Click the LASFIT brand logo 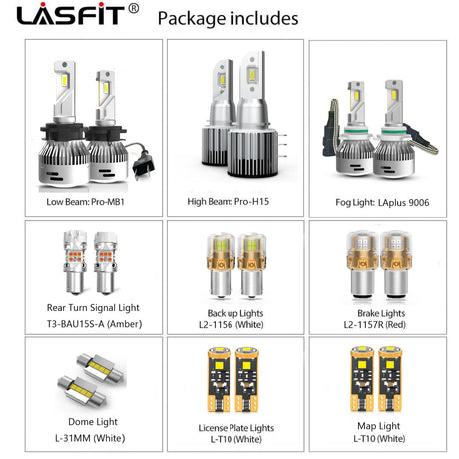pyautogui.click(x=71, y=14)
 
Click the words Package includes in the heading pyautogui.click(x=228, y=18)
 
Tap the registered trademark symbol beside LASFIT pyautogui.click(x=133, y=8)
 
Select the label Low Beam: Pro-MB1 pyautogui.click(x=85, y=202)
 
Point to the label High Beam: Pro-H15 pyautogui.click(x=229, y=201)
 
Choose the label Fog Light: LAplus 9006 pyautogui.click(x=382, y=202)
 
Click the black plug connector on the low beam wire pyautogui.click(x=144, y=164)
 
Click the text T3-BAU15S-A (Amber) pyautogui.click(x=94, y=324)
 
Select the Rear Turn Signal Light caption pyautogui.click(x=93, y=308)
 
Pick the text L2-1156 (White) pyautogui.click(x=231, y=324)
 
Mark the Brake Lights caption pyautogui.click(x=381, y=313)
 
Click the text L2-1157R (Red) pyautogui.click(x=375, y=324)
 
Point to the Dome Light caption pyautogui.click(x=93, y=422)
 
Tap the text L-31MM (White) pyautogui.click(x=90, y=438)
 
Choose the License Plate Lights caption pyautogui.click(x=236, y=428)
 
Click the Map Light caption pyautogui.click(x=379, y=426)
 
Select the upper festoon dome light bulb pyautogui.click(x=100, y=368)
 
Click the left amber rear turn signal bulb pyautogui.click(x=75, y=262)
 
